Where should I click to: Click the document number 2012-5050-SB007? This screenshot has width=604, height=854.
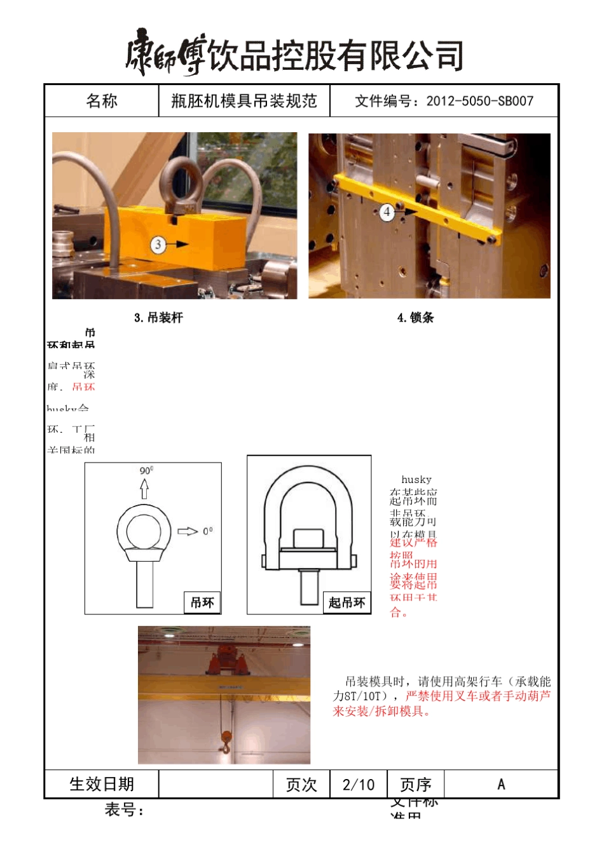point(479,101)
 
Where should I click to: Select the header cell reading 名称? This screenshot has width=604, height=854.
point(102,101)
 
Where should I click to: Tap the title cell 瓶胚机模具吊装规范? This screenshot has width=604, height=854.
point(244,101)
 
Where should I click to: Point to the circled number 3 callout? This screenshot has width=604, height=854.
point(158,244)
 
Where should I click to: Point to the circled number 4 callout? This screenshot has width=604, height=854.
point(387,212)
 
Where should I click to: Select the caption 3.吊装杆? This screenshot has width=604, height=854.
point(158,318)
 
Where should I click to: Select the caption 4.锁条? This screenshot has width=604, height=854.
point(415,318)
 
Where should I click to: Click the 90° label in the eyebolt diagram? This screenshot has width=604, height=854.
point(146,471)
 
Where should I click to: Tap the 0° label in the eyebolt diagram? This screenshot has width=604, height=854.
point(208,531)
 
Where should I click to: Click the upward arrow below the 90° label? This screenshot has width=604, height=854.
point(144,488)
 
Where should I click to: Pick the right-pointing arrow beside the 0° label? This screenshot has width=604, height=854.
point(188,531)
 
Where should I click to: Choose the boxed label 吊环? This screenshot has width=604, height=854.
point(202,602)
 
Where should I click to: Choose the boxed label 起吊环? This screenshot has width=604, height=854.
point(347,602)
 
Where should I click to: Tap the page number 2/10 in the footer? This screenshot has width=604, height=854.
point(359,785)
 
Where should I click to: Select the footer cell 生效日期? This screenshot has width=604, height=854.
point(102,785)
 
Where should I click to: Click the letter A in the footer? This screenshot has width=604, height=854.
point(501,785)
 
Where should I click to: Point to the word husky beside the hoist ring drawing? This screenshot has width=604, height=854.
point(416,480)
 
